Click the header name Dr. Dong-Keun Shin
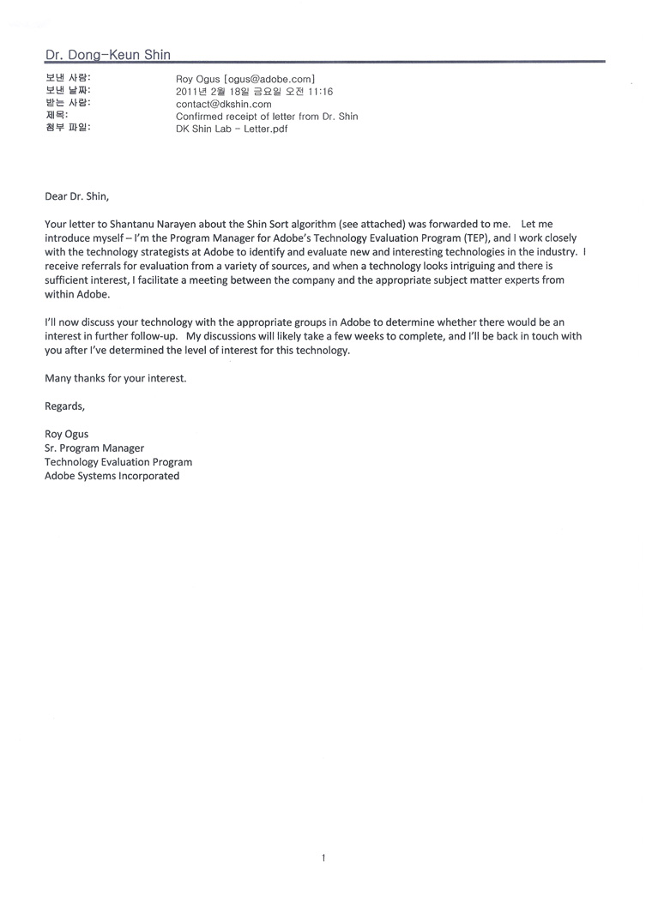click(x=107, y=55)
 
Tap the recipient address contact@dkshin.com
click(x=223, y=104)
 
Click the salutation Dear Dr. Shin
click(x=77, y=195)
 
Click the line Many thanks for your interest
click(x=115, y=378)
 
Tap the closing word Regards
click(x=65, y=406)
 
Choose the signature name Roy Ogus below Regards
click(x=66, y=434)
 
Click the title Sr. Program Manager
click(x=94, y=448)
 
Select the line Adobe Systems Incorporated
click(x=112, y=476)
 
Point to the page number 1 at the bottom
click(x=323, y=857)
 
